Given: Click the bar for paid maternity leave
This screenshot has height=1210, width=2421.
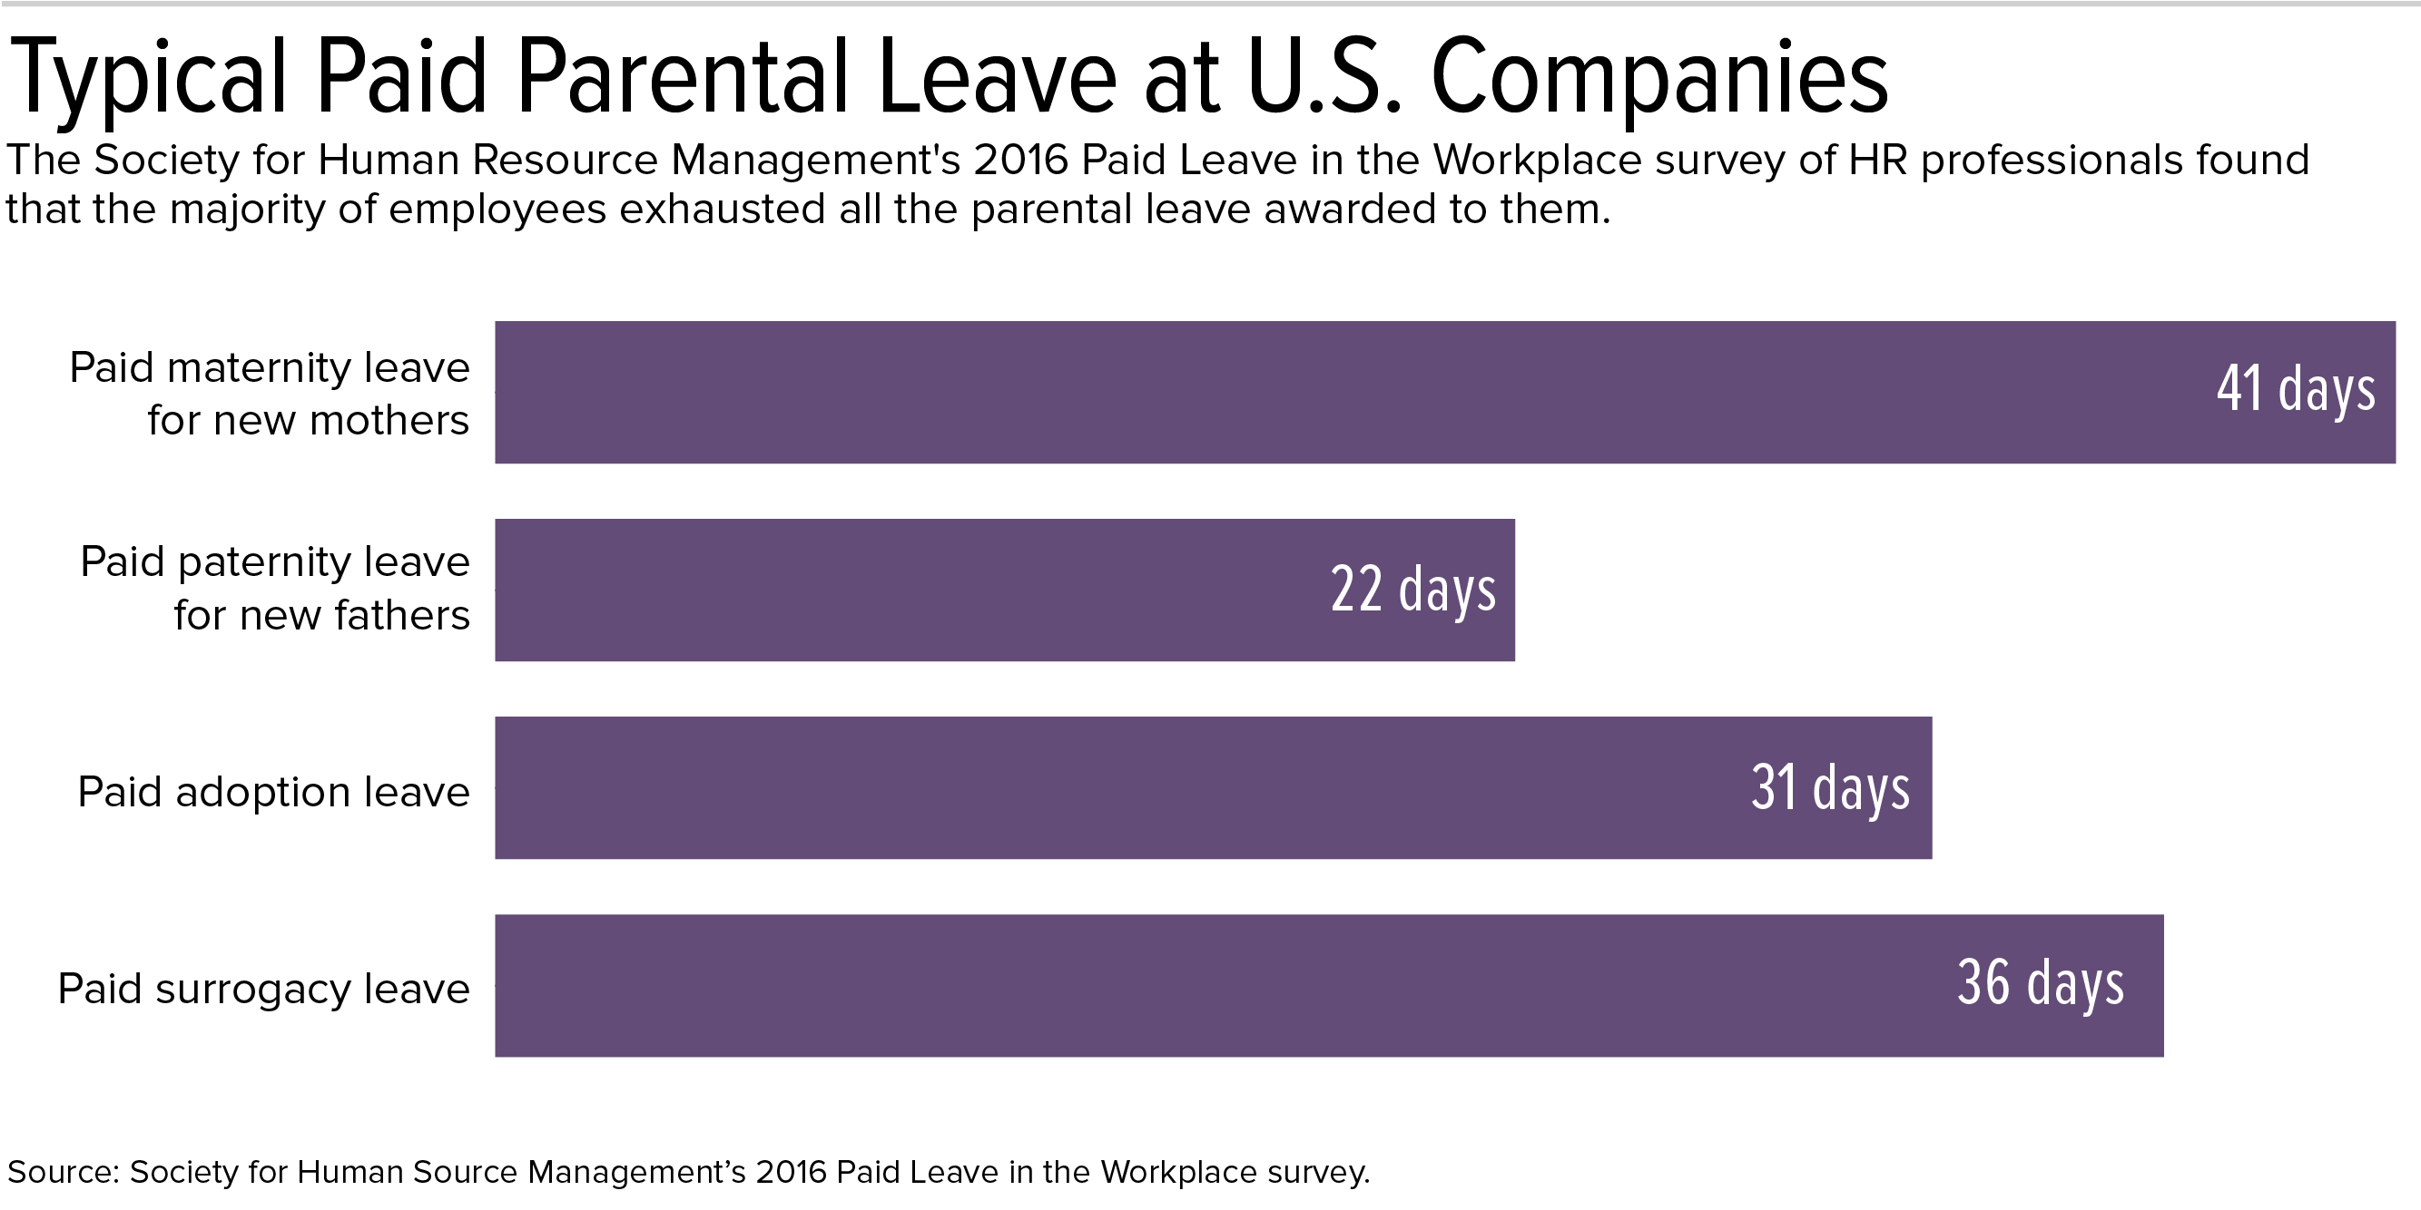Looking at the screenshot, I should tap(1315, 392).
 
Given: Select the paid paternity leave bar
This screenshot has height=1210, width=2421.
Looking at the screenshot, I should tap(940, 590).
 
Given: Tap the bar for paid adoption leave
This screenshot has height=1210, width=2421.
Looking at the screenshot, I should tap(1127, 787).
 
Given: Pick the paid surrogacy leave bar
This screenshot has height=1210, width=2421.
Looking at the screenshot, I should tap(1222, 985).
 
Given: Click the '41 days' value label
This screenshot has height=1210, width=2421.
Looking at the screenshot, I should tap(2295, 389).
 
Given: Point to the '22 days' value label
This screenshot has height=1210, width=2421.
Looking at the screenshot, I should tap(1412, 590).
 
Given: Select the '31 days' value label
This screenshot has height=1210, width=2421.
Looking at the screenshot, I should tap(1830, 787).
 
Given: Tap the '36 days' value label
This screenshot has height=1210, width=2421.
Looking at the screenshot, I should tap(2041, 983).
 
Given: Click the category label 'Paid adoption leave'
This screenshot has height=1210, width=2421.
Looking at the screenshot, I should tap(273, 792).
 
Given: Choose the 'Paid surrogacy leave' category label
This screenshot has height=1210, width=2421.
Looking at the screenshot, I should tap(263, 990).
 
